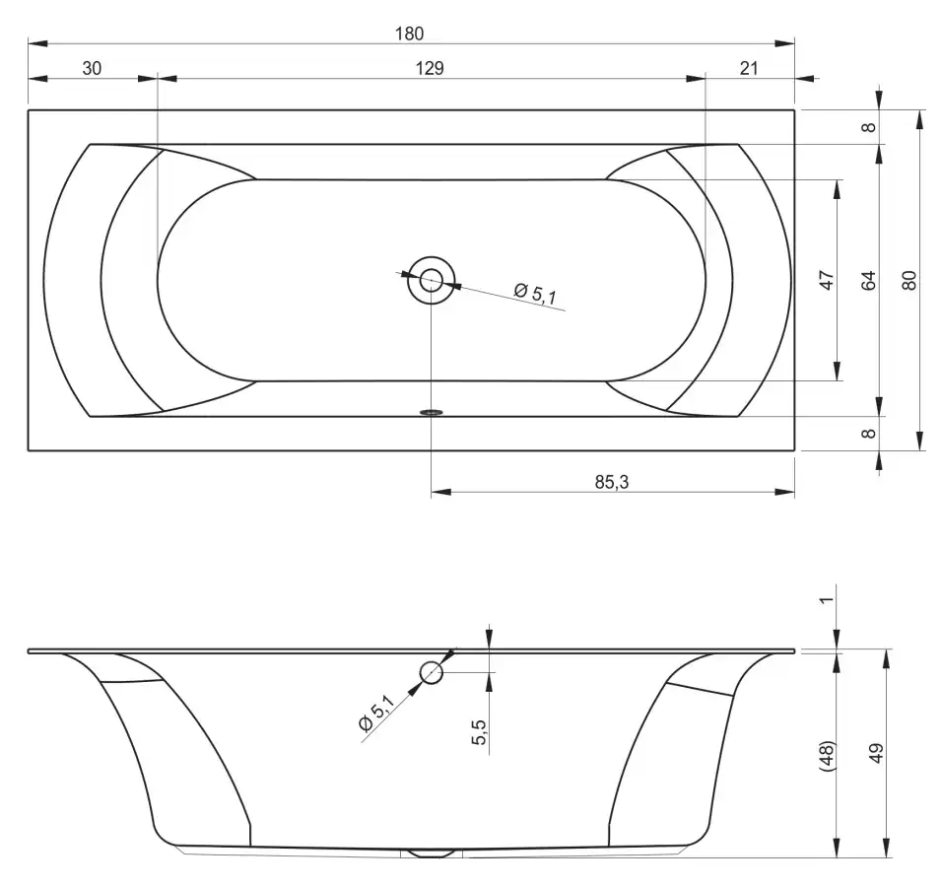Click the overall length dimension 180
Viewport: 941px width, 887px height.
coord(409,34)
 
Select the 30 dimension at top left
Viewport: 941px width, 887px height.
coord(92,68)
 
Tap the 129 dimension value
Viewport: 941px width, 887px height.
coord(430,68)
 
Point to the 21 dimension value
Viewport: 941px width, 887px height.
coord(748,68)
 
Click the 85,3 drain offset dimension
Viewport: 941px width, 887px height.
coord(612,482)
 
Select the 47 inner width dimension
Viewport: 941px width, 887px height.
coord(827,280)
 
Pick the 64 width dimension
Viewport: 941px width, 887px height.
coord(868,280)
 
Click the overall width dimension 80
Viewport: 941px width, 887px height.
coord(909,280)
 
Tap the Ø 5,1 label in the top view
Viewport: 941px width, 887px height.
coord(535,293)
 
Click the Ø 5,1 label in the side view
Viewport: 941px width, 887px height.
coord(375,713)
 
